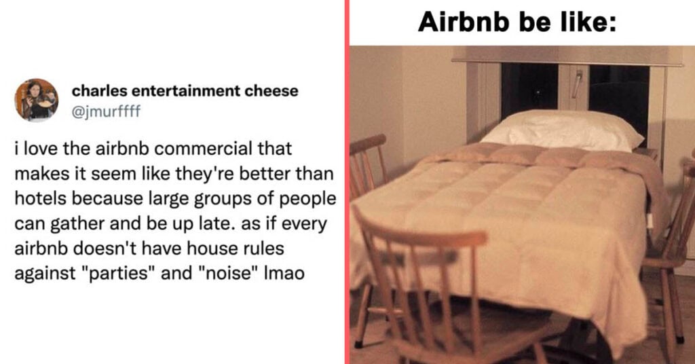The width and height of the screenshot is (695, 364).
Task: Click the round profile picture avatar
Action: (x=37, y=101)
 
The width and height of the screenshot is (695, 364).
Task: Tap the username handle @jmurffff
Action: (x=106, y=111)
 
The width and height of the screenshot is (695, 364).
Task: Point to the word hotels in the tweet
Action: (x=41, y=198)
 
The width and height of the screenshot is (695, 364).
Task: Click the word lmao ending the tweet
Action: (x=284, y=273)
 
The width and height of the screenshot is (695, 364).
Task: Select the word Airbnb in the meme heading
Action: (x=464, y=21)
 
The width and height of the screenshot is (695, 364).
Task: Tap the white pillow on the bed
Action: (x=563, y=130)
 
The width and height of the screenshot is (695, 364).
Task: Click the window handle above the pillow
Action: (x=576, y=84)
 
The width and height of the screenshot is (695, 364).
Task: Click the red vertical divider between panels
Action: (x=347, y=182)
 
